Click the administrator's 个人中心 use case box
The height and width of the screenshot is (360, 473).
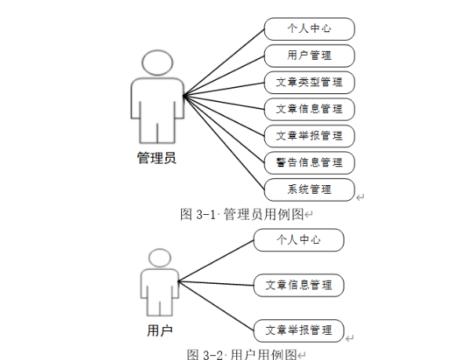(309, 29)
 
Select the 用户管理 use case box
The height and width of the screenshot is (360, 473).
(309, 56)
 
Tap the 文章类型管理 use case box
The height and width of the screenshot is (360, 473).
(309, 82)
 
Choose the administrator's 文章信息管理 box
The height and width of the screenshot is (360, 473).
(309, 108)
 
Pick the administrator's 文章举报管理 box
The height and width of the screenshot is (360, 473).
(309, 135)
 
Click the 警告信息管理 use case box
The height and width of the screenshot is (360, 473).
(309, 162)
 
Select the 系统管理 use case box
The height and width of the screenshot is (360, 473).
(309, 189)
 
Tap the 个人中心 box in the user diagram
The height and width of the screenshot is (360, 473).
(299, 240)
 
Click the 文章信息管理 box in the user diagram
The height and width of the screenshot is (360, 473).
(299, 284)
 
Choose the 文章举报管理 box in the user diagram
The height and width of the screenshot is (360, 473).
(299, 329)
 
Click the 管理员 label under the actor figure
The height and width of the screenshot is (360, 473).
(156, 158)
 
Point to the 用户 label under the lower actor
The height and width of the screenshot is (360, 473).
(159, 330)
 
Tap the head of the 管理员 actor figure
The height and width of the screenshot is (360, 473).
(157, 62)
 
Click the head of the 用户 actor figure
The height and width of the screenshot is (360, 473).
(160, 259)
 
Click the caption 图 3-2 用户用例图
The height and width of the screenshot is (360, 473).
(244, 354)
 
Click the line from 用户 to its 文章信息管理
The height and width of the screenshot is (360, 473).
(216, 282)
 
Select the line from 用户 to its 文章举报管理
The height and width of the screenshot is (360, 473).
(216, 305)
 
